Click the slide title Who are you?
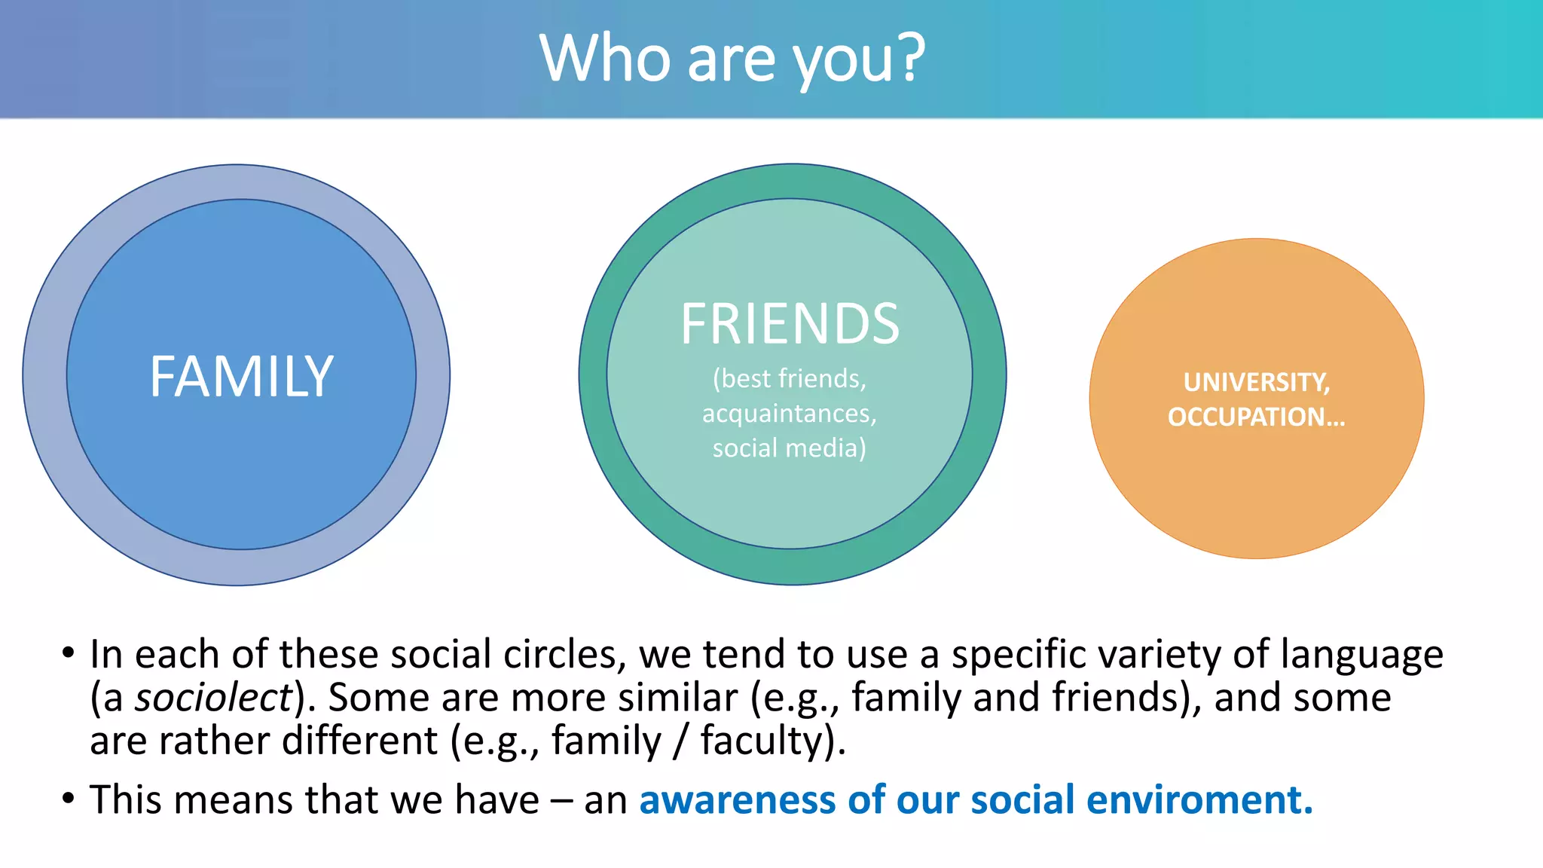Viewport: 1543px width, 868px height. (x=732, y=59)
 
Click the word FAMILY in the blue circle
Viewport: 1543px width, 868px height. (x=241, y=376)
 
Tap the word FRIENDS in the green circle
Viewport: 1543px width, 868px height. (x=790, y=324)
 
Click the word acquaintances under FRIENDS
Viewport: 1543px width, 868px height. (x=789, y=414)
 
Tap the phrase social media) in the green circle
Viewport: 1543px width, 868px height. (x=789, y=448)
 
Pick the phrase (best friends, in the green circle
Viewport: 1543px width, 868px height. (x=789, y=378)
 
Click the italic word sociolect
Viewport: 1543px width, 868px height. (x=212, y=697)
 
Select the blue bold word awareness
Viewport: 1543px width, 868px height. (x=737, y=799)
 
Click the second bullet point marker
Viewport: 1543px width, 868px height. (x=69, y=798)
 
